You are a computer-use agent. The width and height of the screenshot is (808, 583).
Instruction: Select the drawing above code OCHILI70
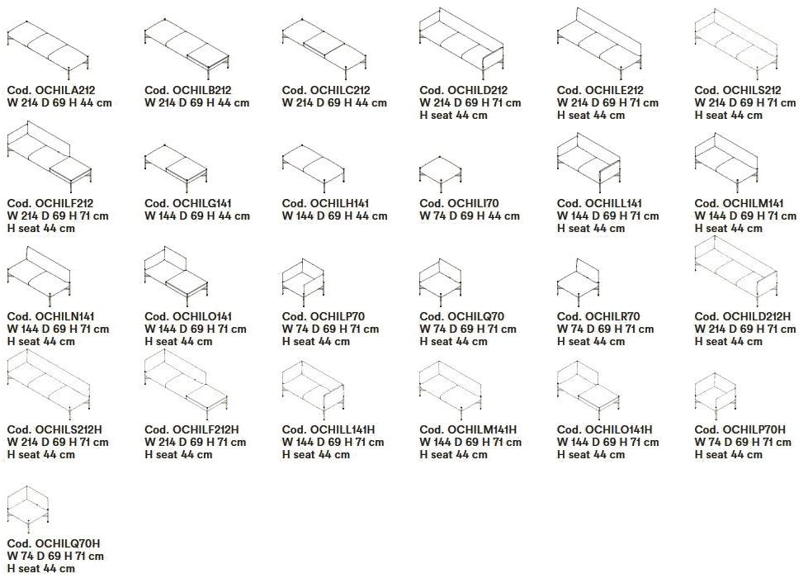pos(441,173)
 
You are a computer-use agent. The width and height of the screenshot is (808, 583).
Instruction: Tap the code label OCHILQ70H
pos(54,543)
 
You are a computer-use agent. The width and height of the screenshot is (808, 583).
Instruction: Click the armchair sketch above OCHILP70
pos(303,281)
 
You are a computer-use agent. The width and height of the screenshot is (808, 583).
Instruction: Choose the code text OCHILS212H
pos(54,429)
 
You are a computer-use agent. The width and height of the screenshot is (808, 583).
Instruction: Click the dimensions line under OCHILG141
pos(197,216)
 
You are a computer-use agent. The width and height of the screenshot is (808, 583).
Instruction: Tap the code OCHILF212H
pos(191,429)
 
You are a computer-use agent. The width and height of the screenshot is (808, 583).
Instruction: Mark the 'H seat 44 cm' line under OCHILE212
pos(591,116)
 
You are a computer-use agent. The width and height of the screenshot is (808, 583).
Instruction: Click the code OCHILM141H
pos(468,429)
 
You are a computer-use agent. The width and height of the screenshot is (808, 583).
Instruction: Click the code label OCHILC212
pos(326,90)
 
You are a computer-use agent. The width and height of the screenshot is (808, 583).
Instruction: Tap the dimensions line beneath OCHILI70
pos(470,216)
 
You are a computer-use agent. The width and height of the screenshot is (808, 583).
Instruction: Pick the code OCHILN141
pos(50,316)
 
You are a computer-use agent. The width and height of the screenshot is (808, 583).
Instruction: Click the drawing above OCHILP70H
pos(716,395)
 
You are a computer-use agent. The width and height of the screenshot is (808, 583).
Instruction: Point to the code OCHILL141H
pos(328,429)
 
